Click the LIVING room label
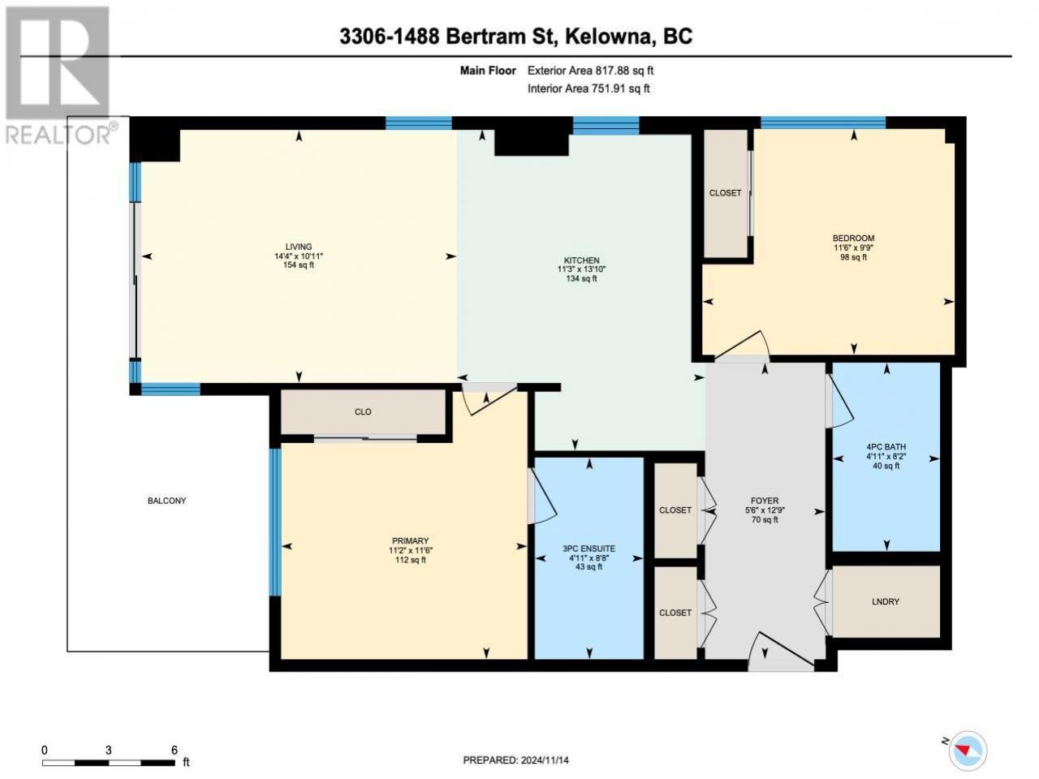pyautogui.click(x=299, y=247)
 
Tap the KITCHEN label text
pyautogui.click(x=581, y=260)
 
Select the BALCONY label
pyautogui.click(x=166, y=501)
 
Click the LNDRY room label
pyautogui.click(x=885, y=601)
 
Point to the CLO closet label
pyautogui.click(x=363, y=412)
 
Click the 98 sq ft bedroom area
pyautogui.click(x=853, y=257)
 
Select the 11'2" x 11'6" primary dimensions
pyautogui.click(x=411, y=550)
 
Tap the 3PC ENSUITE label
pyautogui.click(x=588, y=549)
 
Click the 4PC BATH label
pyautogui.click(x=886, y=446)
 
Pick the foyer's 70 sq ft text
pyautogui.click(x=765, y=520)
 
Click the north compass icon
pyautogui.click(x=970, y=750)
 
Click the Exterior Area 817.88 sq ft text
pyautogui.click(x=590, y=71)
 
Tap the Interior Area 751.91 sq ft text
pyautogui.click(x=588, y=88)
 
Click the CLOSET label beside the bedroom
pyautogui.click(x=725, y=193)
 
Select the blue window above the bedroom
pyautogui.click(x=823, y=123)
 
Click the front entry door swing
pyautogui.click(x=782, y=651)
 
